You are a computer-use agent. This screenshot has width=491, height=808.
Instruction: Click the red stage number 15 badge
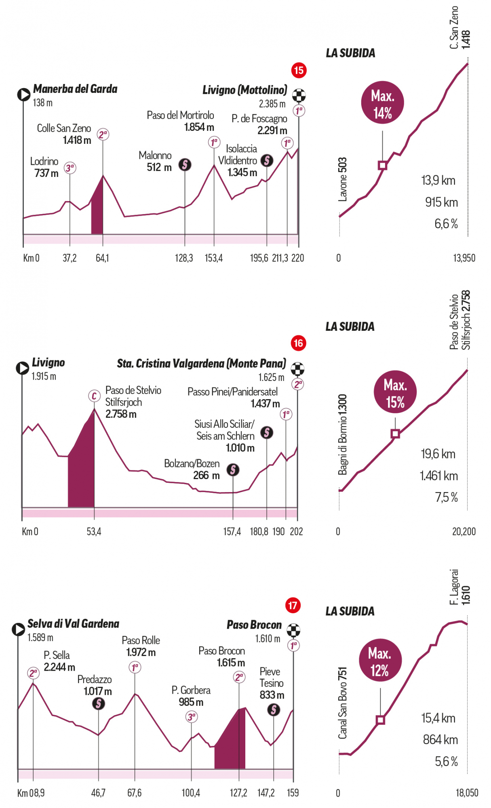point(299,70)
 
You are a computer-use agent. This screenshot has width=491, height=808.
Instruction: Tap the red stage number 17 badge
point(293,605)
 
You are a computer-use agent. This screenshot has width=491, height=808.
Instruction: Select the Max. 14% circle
point(382,103)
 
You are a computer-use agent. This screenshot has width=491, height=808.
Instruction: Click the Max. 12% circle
point(380,660)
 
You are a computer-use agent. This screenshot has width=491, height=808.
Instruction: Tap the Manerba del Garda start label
point(75,89)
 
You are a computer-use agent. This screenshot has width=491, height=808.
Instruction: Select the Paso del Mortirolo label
point(180,121)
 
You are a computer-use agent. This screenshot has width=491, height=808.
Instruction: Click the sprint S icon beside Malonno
point(185,164)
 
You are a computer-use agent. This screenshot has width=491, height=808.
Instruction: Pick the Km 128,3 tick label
point(184,258)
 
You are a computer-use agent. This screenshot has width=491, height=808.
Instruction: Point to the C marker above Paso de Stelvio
point(94,396)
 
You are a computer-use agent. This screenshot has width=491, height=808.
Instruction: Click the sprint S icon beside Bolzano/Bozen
point(233,469)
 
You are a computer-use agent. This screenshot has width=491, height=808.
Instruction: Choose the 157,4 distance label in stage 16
point(232,531)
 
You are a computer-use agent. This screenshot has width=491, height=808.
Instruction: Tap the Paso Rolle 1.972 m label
point(141,646)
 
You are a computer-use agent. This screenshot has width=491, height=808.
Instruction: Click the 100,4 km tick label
point(191,793)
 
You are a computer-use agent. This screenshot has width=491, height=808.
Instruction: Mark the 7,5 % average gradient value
point(446,497)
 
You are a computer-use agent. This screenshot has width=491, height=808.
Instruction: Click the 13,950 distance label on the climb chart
point(464,258)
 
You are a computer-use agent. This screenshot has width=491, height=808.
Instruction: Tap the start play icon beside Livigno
point(22,368)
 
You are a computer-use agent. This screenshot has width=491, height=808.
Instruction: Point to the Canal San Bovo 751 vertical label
point(342,703)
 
